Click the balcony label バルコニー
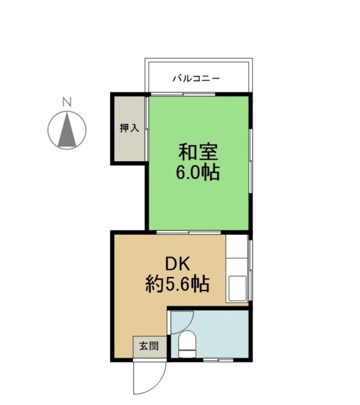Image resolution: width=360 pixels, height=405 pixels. click(x=196, y=78)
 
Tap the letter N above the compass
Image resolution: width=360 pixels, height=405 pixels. click(x=67, y=102)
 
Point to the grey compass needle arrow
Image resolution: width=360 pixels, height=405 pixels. click(x=67, y=130)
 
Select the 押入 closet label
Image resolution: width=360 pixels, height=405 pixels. click(x=129, y=128)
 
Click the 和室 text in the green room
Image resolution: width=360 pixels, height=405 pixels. click(x=199, y=152)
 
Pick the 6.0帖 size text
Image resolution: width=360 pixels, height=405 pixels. click(x=198, y=172)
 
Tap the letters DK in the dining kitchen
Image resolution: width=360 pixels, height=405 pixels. click(x=178, y=264)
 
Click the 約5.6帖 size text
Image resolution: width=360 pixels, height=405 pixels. click(x=177, y=284)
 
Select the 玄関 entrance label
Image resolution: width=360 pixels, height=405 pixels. click(x=149, y=346)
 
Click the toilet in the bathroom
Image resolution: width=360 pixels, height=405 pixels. click(x=187, y=345)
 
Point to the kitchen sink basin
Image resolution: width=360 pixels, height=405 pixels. click(x=237, y=288)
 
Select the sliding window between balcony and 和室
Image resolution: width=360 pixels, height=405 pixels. click(x=183, y=94)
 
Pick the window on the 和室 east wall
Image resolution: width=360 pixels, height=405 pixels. click(x=250, y=160)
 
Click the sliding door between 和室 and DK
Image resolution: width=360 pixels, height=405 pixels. click(x=189, y=232)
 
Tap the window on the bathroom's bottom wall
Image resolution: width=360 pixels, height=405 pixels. click(x=219, y=360)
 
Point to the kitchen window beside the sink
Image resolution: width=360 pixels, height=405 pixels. click(x=250, y=270)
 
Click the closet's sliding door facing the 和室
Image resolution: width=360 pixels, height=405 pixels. click(x=147, y=129)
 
